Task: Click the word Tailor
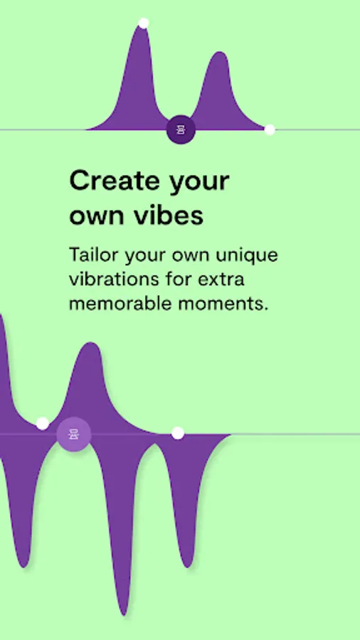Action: coord(95,255)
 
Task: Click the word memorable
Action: coord(115,304)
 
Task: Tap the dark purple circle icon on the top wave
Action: coord(181,129)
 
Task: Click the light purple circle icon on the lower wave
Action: coord(73,434)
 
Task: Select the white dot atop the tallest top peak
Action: coord(143,23)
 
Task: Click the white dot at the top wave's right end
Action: coord(270,130)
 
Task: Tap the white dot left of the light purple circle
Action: coord(43,423)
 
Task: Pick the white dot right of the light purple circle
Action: coord(178,433)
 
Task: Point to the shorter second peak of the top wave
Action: coord(220,53)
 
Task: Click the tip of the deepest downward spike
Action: coord(124,614)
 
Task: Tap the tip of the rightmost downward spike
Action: coord(187,567)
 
